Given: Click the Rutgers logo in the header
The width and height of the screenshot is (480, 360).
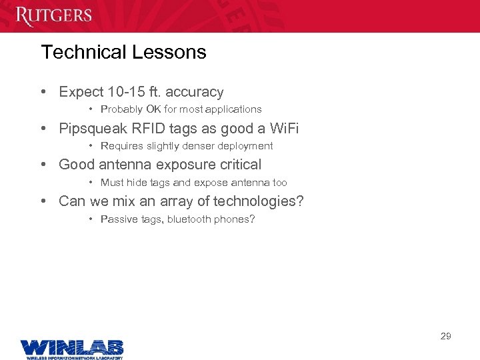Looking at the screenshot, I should (54, 15).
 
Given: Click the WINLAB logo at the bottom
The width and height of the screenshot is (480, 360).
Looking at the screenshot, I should (71, 348).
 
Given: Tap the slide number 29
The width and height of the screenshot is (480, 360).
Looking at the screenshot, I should (446, 336).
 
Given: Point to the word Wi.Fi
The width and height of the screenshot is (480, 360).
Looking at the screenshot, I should (285, 128).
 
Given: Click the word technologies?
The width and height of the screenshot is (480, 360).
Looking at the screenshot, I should (259, 201).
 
